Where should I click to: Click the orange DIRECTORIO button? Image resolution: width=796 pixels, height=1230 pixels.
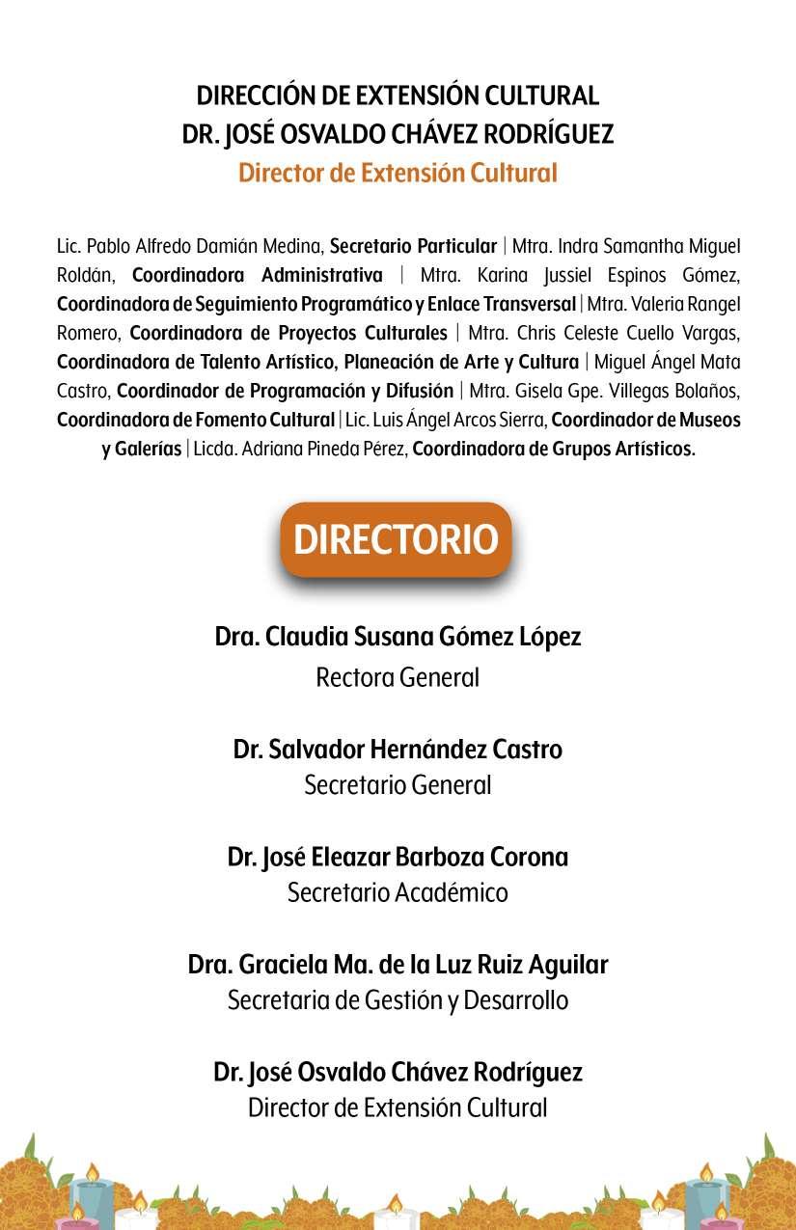pyautogui.click(x=396, y=539)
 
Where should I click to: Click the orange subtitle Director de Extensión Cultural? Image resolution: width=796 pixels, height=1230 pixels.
pyautogui.click(x=398, y=174)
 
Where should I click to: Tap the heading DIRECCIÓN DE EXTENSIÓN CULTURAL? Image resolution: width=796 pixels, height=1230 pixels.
pyautogui.click(x=398, y=96)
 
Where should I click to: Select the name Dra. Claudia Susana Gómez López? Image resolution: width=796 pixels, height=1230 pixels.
pyautogui.click(x=398, y=638)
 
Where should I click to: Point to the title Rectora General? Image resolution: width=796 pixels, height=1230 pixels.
pyautogui.click(x=398, y=677)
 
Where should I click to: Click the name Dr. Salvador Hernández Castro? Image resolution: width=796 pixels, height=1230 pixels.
pyautogui.click(x=398, y=749)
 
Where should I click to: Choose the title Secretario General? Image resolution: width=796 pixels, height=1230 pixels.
pyautogui.click(x=398, y=785)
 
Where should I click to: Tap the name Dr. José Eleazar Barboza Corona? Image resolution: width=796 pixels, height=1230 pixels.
pyautogui.click(x=398, y=857)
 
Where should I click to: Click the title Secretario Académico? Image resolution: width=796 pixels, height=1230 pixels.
pyautogui.click(x=398, y=892)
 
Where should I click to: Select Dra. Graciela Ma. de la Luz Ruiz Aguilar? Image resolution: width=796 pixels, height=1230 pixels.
pyautogui.click(x=398, y=965)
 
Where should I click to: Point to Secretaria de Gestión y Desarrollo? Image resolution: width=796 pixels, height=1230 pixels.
pyautogui.click(x=398, y=1000)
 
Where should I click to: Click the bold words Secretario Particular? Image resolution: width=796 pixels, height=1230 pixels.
pyautogui.click(x=413, y=246)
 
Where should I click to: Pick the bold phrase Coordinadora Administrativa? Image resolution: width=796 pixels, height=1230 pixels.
pyautogui.click(x=257, y=275)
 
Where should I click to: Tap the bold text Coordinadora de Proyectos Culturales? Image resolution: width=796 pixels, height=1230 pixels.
pyautogui.click(x=288, y=334)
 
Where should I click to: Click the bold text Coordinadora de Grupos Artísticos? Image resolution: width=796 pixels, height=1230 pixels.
pyautogui.click(x=554, y=450)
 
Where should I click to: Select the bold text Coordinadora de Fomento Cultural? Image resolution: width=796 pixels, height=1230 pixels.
pyautogui.click(x=196, y=421)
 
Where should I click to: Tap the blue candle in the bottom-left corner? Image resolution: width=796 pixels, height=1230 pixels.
pyautogui.click(x=93, y=1196)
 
